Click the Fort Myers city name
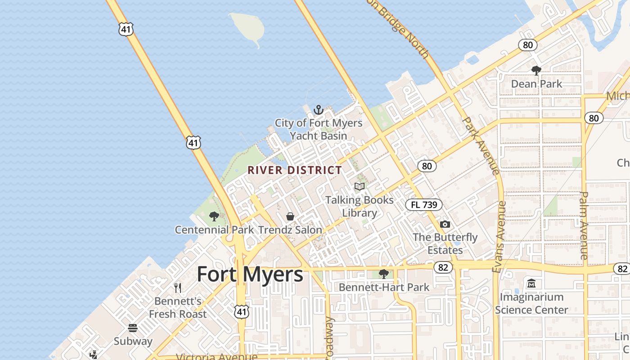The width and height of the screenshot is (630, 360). click(250, 274)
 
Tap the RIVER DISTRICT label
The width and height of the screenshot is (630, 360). click(295, 170)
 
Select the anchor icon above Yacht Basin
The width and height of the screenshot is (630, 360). click(319, 109)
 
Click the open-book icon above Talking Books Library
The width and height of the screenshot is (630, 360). click(359, 186)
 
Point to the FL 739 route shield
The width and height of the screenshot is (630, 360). click(424, 205)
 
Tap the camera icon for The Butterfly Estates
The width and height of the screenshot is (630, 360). click(445, 224)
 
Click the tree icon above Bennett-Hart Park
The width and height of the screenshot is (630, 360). click(384, 274)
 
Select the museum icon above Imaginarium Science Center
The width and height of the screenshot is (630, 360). click(531, 283)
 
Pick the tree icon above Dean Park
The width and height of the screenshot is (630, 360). click(536, 70)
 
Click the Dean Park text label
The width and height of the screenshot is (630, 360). click(536, 84)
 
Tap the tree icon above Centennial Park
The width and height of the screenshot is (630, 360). click(214, 216)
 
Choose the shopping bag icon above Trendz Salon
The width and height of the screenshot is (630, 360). click(290, 217)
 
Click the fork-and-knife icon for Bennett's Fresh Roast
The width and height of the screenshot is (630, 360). click(178, 288)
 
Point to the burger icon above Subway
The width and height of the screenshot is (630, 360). click(133, 328)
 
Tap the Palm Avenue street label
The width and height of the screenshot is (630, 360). click(584, 225)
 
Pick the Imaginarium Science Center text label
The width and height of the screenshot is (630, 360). click(531, 303)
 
